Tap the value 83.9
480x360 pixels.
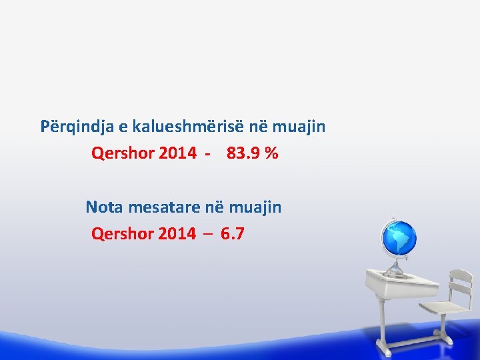tap(243, 153)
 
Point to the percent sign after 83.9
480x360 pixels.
tap(271, 153)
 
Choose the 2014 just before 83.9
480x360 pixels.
tap(178, 153)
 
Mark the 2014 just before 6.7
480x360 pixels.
tap(177, 234)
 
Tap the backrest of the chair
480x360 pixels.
tap(459, 283)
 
